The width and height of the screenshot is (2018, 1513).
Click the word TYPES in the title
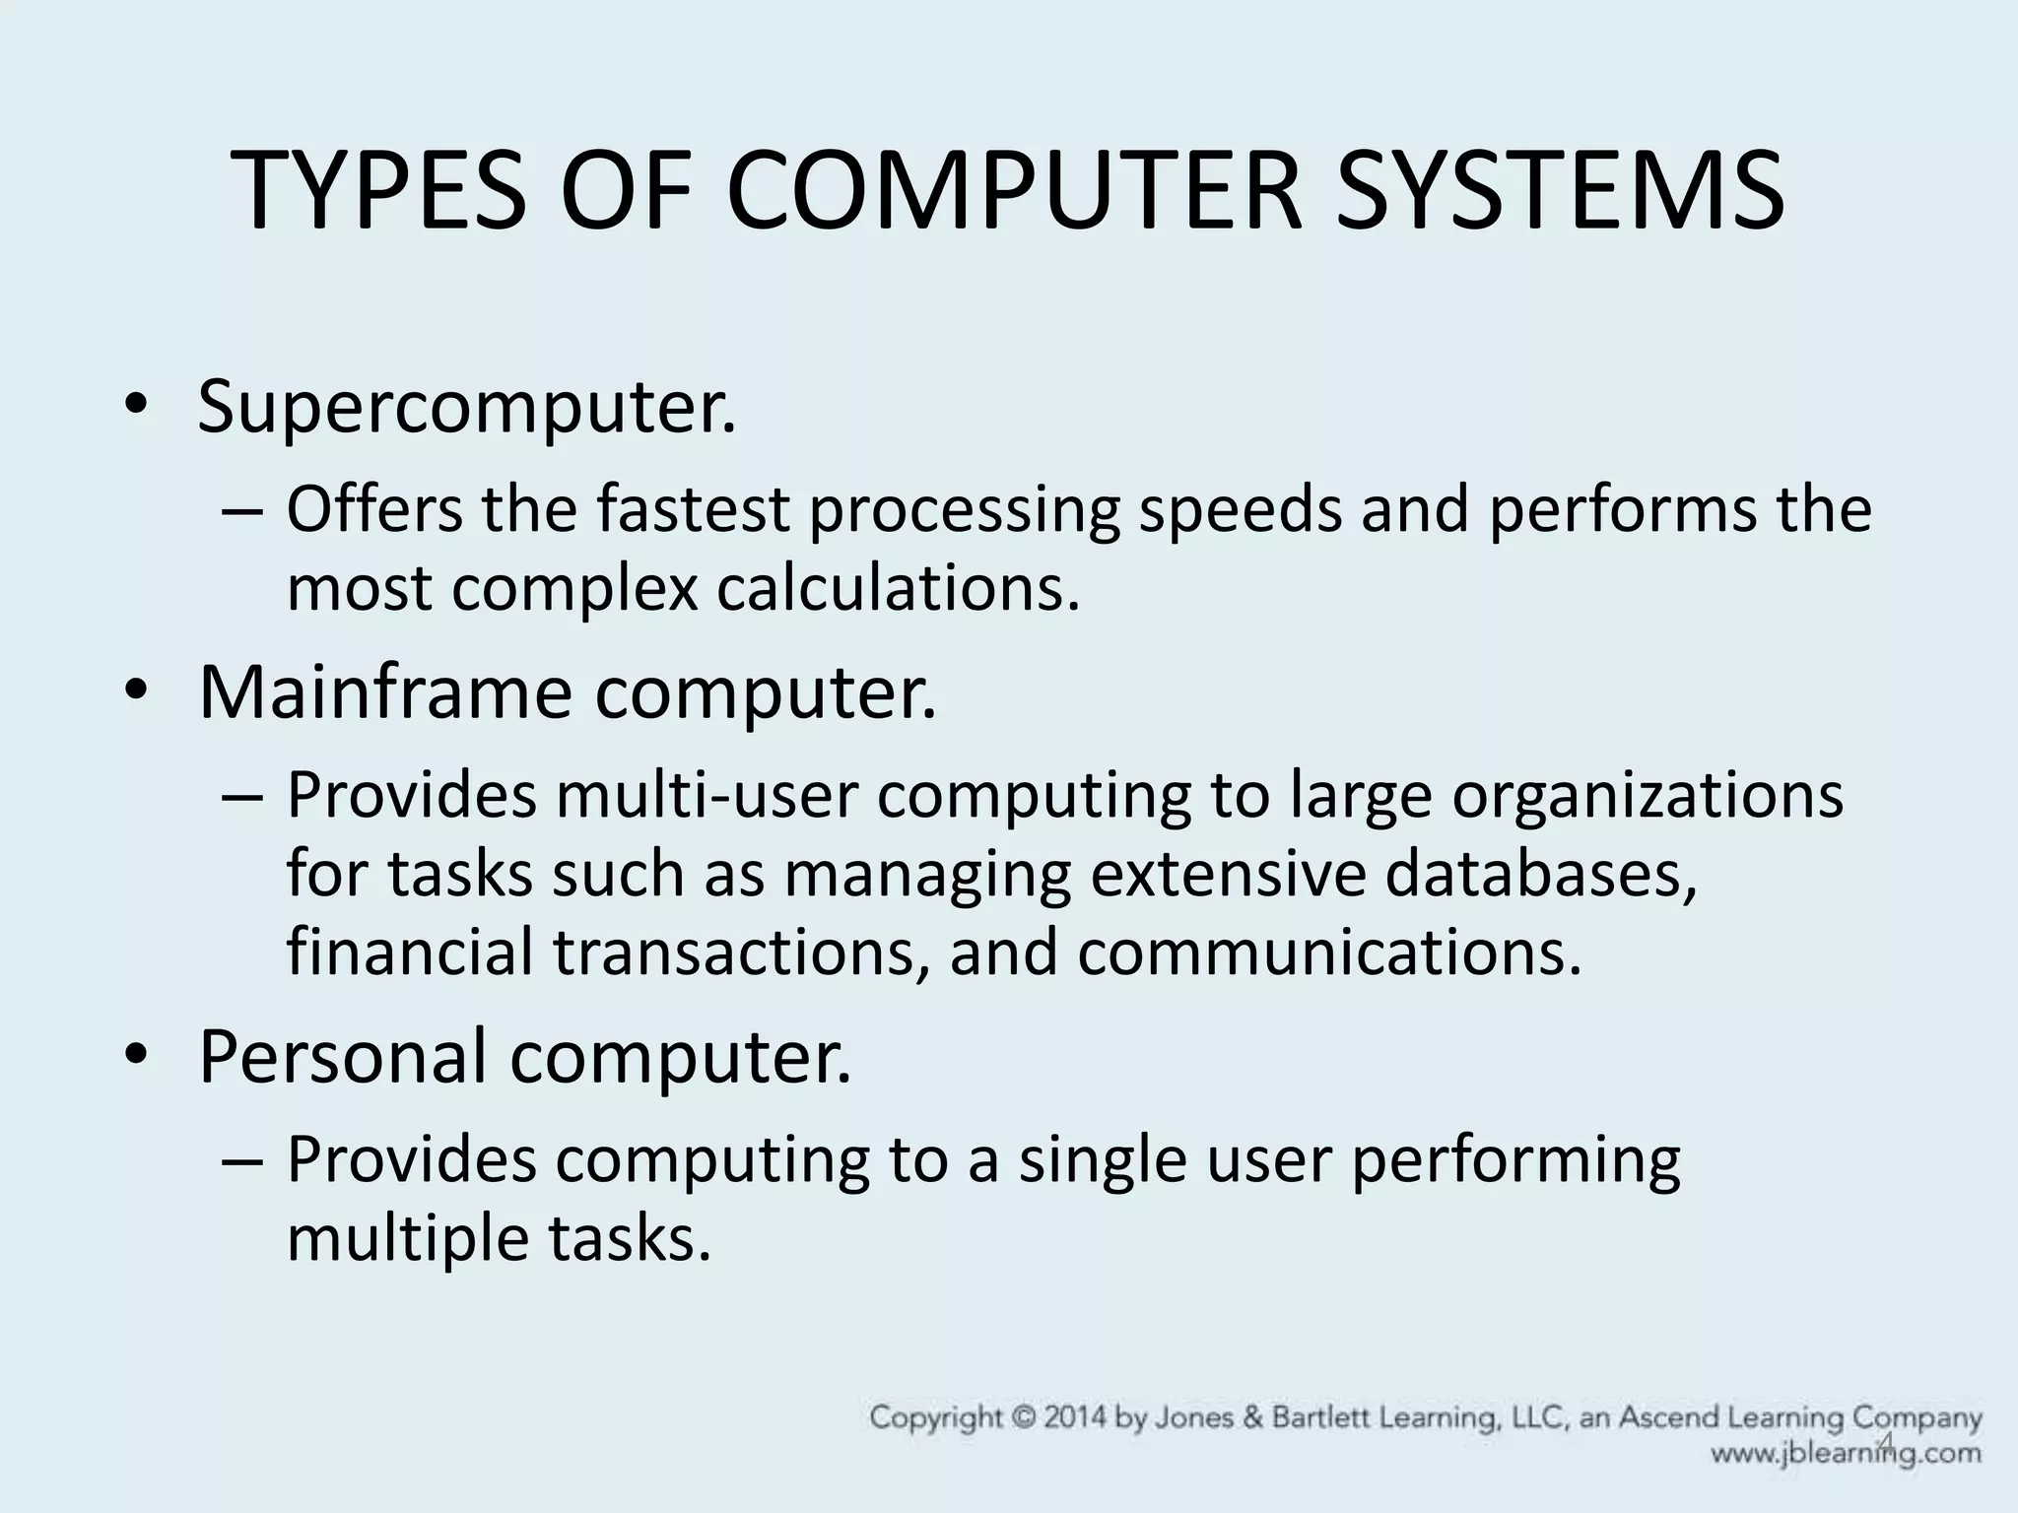pyautogui.click(x=380, y=193)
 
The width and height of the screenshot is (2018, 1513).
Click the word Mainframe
pyautogui.click(x=384, y=693)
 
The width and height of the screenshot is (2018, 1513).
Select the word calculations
pyautogui.click(x=898, y=588)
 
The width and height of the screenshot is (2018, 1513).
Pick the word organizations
pyautogui.click(x=1647, y=796)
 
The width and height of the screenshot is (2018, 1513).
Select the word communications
pyautogui.click(x=1329, y=953)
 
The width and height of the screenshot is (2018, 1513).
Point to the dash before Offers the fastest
pyautogui.click(x=242, y=513)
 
